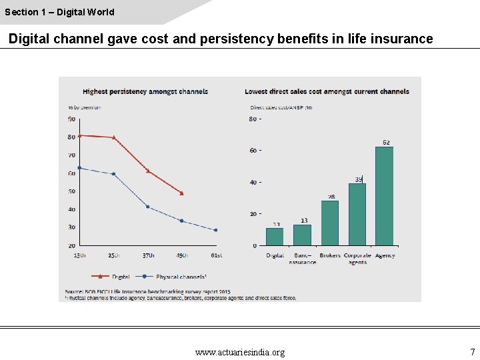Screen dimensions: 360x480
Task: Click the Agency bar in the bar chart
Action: [384, 196]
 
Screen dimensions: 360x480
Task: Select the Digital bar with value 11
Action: [275, 237]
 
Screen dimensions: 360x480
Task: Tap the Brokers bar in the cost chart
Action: [329, 223]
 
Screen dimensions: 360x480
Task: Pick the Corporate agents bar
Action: [357, 214]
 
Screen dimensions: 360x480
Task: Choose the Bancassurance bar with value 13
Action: [302, 235]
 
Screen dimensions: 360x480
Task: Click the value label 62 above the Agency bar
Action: [386, 142]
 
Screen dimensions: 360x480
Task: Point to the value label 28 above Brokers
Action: [331, 197]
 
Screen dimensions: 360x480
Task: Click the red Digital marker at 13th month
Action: [79, 135]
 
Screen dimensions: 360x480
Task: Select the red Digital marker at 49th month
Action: [181, 193]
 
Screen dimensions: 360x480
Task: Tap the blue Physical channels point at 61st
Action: [215, 230]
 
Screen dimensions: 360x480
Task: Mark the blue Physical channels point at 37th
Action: [147, 207]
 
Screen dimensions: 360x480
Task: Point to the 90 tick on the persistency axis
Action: [71, 119]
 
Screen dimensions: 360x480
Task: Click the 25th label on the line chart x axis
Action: [113, 255]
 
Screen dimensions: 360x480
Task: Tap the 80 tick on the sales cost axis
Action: [253, 119]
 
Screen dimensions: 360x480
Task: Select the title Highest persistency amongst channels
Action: [145, 91]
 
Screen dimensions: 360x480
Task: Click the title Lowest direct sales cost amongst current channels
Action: [327, 91]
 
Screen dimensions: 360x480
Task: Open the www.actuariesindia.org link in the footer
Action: [240, 352]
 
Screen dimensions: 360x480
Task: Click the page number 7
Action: [472, 352]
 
